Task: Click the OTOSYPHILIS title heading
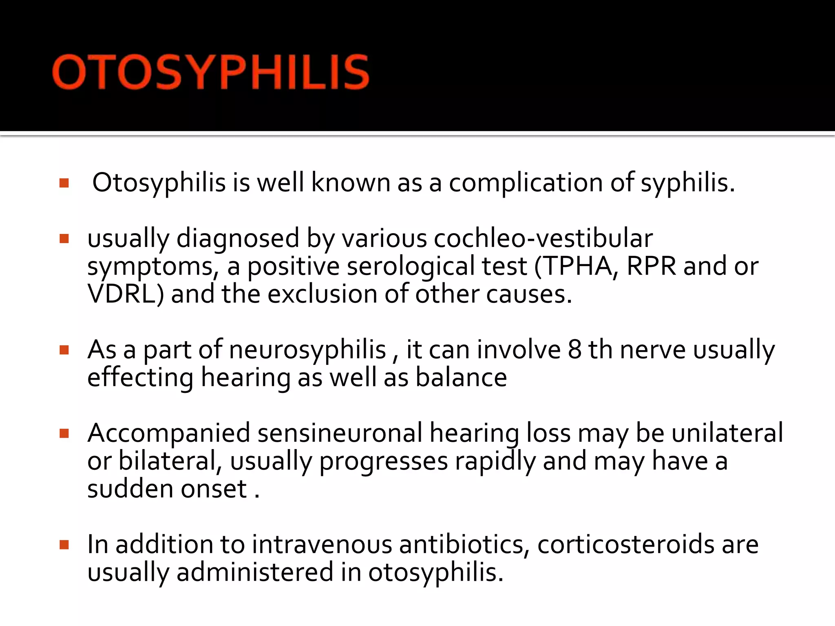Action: tap(211, 72)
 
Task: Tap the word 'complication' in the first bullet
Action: tap(525, 183)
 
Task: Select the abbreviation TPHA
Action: tap(578, 266)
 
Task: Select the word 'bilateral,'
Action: tap(170, 461)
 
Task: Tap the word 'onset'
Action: tap(214, 489)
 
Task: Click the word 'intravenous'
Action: tap(322, 544)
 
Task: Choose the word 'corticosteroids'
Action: tap(625, 544)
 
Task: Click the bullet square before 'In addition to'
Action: tap(64, 545)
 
